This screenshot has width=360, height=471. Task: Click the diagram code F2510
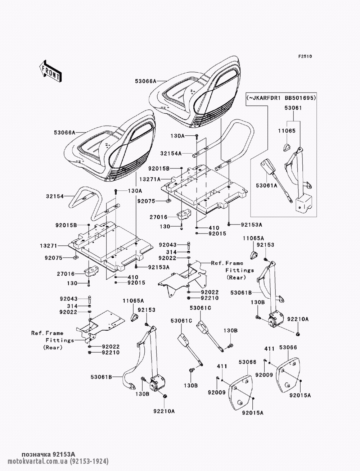[305, 56]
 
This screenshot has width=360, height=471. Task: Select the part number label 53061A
[267, 185]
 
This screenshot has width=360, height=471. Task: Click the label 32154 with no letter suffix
[54, 196]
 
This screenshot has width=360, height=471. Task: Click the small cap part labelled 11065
[287, 147]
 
